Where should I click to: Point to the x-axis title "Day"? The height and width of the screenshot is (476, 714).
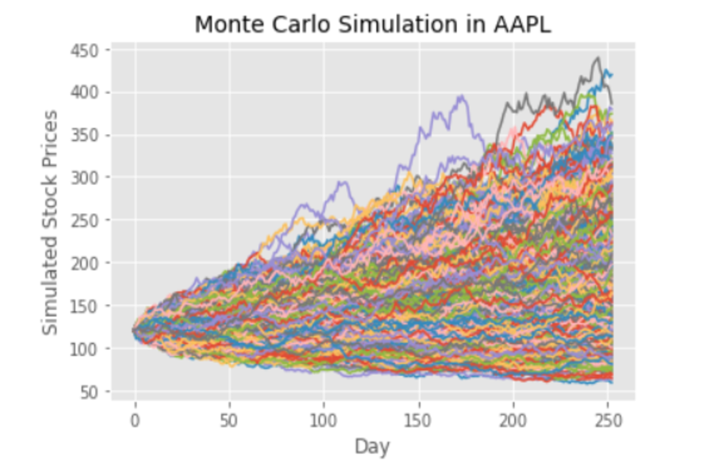click(372, 447)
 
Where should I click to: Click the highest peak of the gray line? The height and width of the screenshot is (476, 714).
click(598, 58)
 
